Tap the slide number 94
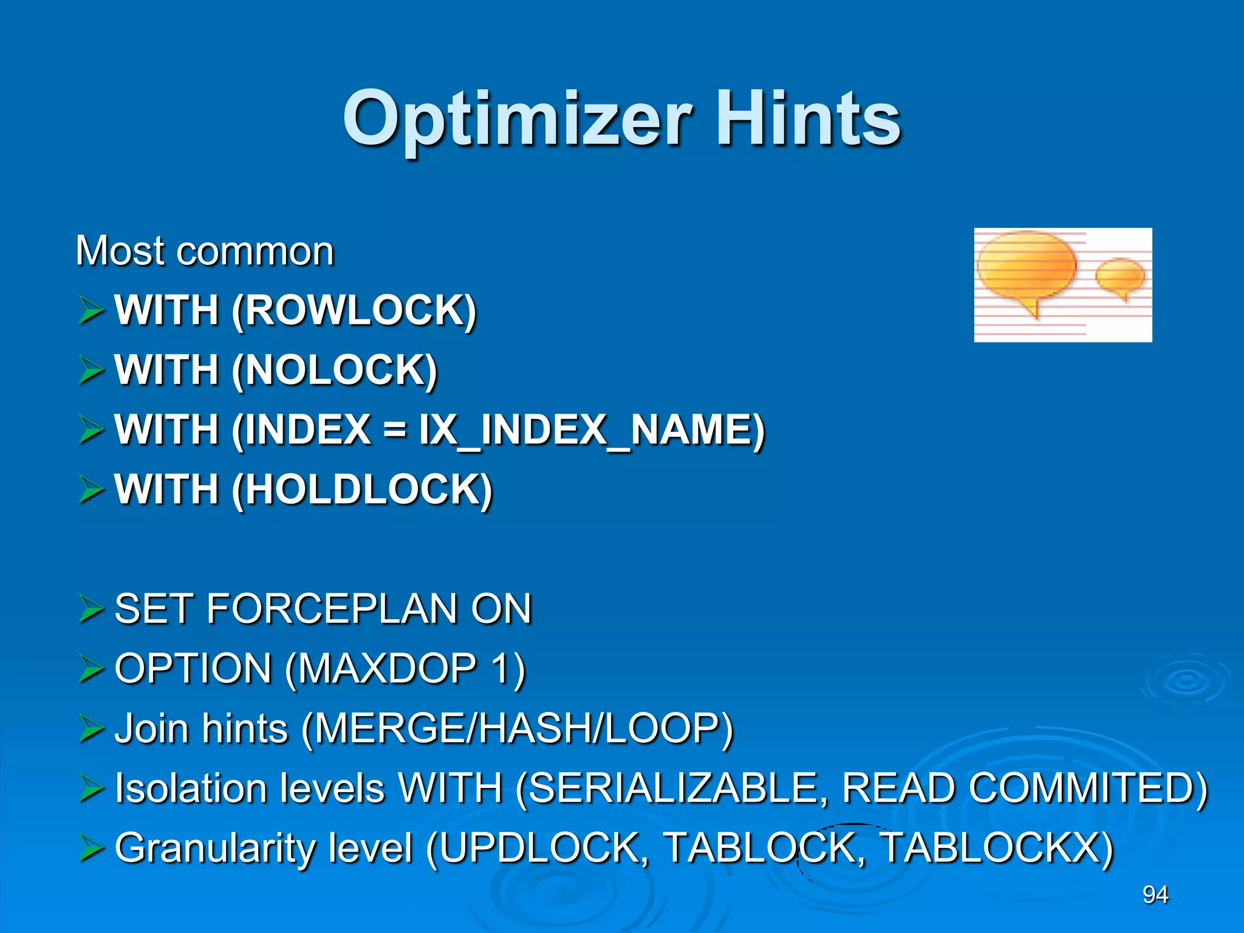coord(1155,894)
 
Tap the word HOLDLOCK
coord(361,490)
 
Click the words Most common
coord(205,251)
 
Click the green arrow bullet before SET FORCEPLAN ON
coord(91,609)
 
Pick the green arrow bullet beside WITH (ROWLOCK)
coord(91,310)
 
